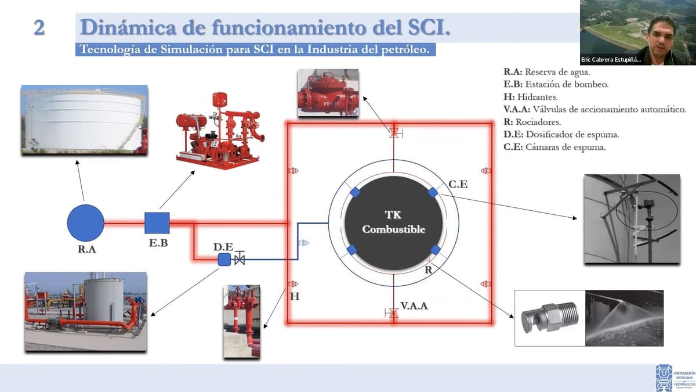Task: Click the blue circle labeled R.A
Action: pyautogui.click(x=85, y=222)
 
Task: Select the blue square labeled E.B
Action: pyautogui.click(x=157, y=222)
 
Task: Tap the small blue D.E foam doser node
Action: pyautogui.click(x=224, y=260)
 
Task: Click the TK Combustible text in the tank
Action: pyautogui.click(x=393, y=222)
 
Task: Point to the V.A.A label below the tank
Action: pyautogui.click(x=414, y=305)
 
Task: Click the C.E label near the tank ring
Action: pyautogui.click(x=458, y=185)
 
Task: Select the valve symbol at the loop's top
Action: pyautogui.click(x=394, y=133)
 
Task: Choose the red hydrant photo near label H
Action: pyautogui.click(x=241, y=321)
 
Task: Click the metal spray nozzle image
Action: pyautogui.click(x=546, y=319)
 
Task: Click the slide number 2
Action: pyautogui.click(x=39, y=28)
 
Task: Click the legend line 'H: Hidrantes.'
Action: pyautogui.click(x=531, y=96)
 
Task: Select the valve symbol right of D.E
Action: pyautogui.click(x=239, y=260)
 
